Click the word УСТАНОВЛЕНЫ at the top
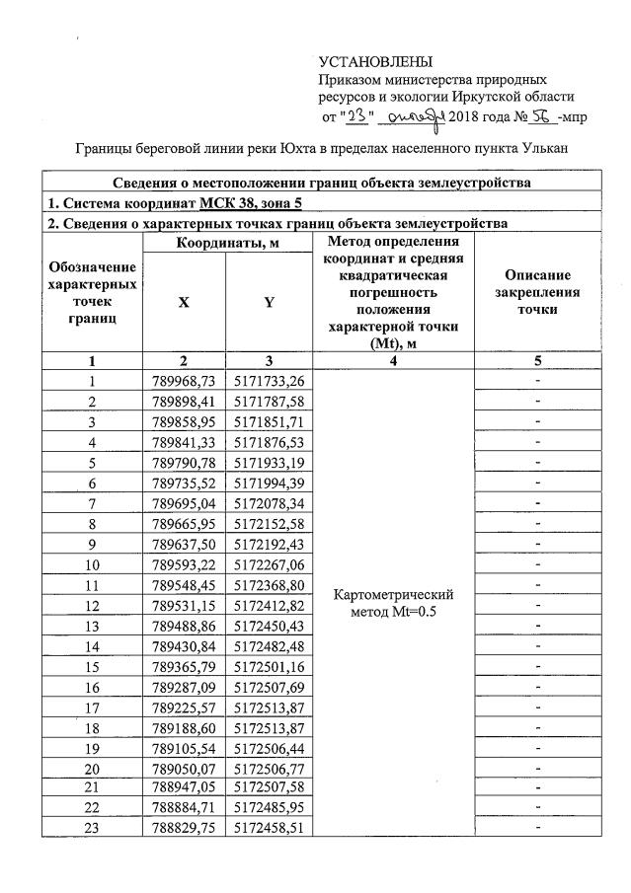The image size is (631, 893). point(376,63)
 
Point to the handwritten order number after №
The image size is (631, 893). point(540,117)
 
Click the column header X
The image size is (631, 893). point(184,303)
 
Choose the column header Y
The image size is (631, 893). point(269,303)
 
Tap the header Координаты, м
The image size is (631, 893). point(226,242)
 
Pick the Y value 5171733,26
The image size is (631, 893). point(269,382)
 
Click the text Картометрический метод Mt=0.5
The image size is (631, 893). point(394,604)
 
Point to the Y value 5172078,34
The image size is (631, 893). point(269,503)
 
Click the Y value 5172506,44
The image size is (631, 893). point(269,748)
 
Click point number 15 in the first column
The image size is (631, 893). point(92,667)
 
